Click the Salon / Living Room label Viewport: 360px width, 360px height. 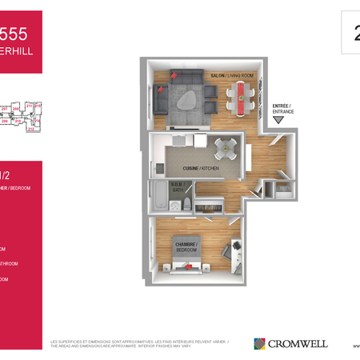click(226, 76)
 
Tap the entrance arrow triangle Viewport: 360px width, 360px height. click(278, 120)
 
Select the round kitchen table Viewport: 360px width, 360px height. click(226, 146)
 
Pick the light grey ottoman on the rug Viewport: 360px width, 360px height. click(188, 98)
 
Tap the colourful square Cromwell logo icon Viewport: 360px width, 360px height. click(259, 344)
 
